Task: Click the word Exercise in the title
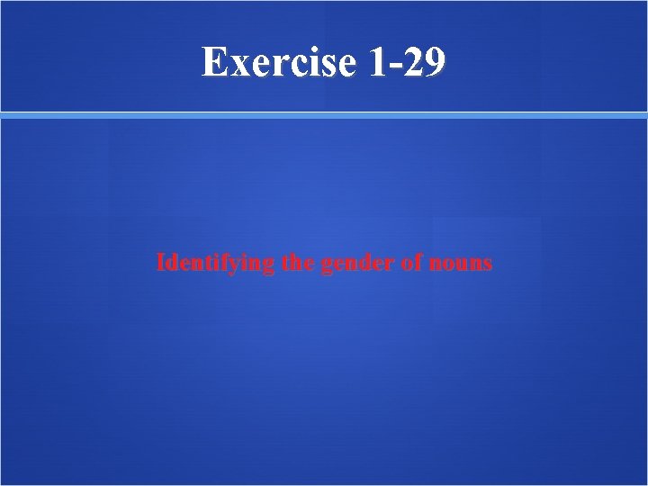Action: click(x=279, y=63)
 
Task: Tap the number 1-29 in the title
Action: click(x=407, y=63)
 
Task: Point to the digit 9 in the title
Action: click(x=432, y=63)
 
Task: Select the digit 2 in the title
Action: click(x=410, y=63)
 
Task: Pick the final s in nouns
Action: click(x=488, y=265)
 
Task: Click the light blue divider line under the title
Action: click(x=324, y=115)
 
